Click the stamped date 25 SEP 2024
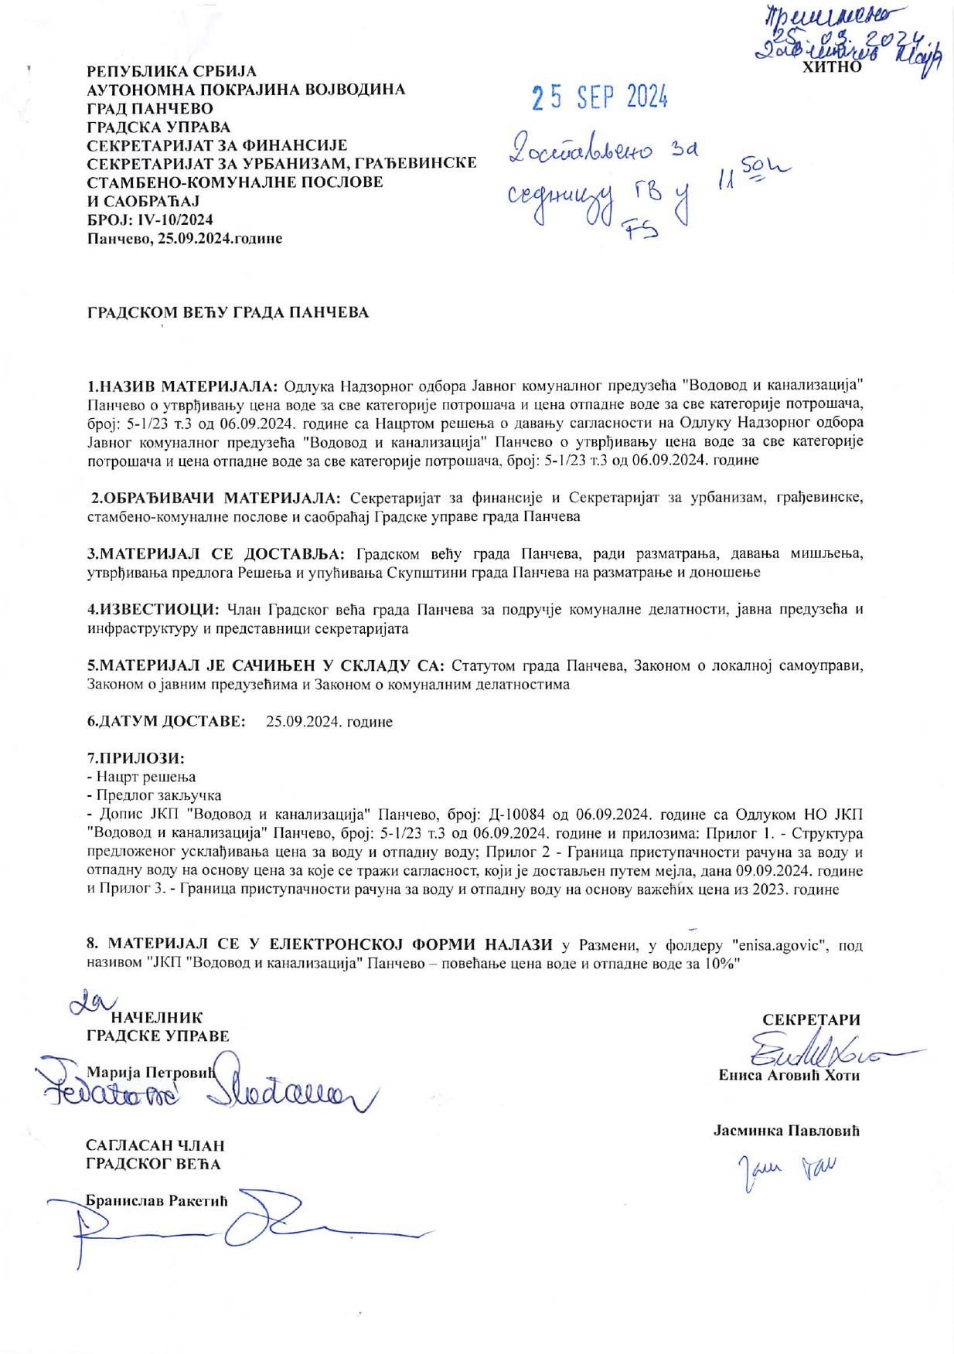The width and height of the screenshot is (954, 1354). (599, 98)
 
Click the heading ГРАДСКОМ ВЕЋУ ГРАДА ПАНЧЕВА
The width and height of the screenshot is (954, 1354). (227, 313)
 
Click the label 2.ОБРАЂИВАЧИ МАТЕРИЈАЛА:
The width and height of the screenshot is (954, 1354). (216, 496)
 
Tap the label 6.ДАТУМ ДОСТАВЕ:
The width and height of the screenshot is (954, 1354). (166, 721)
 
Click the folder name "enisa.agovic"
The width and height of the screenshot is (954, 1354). (784, 945)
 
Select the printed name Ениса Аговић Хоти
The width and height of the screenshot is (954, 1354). (789, 1075)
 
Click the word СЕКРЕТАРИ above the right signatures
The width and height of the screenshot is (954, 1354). (811, 1019)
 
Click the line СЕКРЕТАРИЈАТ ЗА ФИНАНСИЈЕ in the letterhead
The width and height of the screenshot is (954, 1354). (216, 145)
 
